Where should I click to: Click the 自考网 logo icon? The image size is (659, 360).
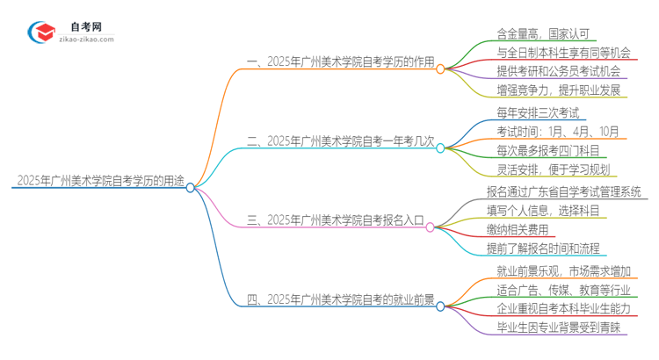tap(42, 32)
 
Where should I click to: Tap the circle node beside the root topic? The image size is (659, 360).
tap(191, 187)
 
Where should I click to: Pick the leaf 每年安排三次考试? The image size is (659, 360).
tap(532, 112)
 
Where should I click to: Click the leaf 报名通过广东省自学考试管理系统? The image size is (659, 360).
tap(563, 191)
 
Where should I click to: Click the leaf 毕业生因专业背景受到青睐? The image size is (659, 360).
tap(559, 328)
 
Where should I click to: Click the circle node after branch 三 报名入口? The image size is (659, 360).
tap(430, 227)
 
